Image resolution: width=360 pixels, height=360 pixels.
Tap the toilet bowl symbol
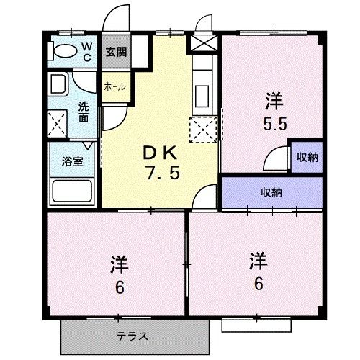(64, 51)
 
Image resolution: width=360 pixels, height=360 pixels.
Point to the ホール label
(115, 86)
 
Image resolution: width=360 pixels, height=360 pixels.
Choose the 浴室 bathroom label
(72, 161)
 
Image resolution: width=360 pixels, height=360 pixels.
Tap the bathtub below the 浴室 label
(71, 191)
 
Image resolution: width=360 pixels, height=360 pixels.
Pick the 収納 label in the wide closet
(271, 192)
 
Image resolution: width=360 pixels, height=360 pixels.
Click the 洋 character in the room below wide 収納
(257, 258)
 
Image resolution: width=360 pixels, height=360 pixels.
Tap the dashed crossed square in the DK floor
(202, 130)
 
